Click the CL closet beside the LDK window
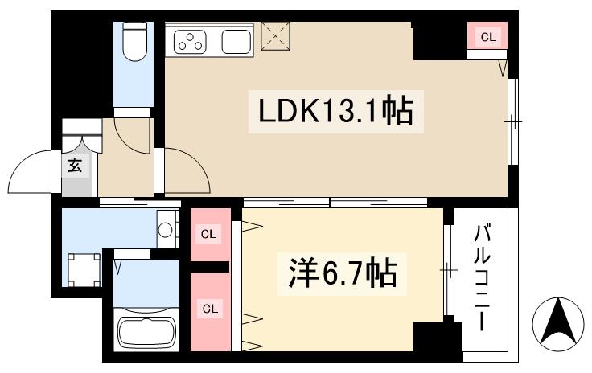click(x=487, y=37)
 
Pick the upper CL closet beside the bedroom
click(x=209, y=234)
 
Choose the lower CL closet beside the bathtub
click(x=209, y=309)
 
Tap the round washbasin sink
click(x=166, y=230)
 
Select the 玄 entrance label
click(x=75, y=167)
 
